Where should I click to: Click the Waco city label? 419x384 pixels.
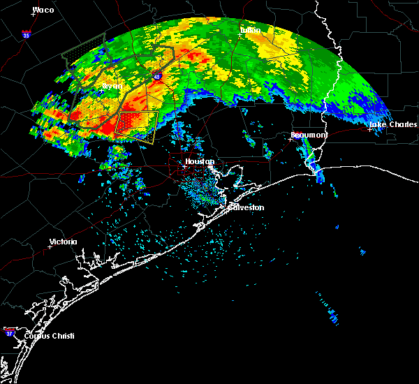pyautogui.click(x=43, y=10)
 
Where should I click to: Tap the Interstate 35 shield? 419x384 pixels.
pyautogui.click(x=26, y=34)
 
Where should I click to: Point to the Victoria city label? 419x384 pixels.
pyautogui.click(x=63, y=242)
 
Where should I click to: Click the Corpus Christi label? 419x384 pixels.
pyautogui.click(x=49, y=336)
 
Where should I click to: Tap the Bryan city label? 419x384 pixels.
pyautogui.click(x=112, y=86)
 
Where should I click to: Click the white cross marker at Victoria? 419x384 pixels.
pyautogui.click(x=50, y=246)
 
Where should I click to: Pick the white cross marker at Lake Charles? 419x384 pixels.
pyautogui.click(x=370, y=129)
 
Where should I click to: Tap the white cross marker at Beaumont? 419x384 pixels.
pyautogui.click(x=291, y=139)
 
